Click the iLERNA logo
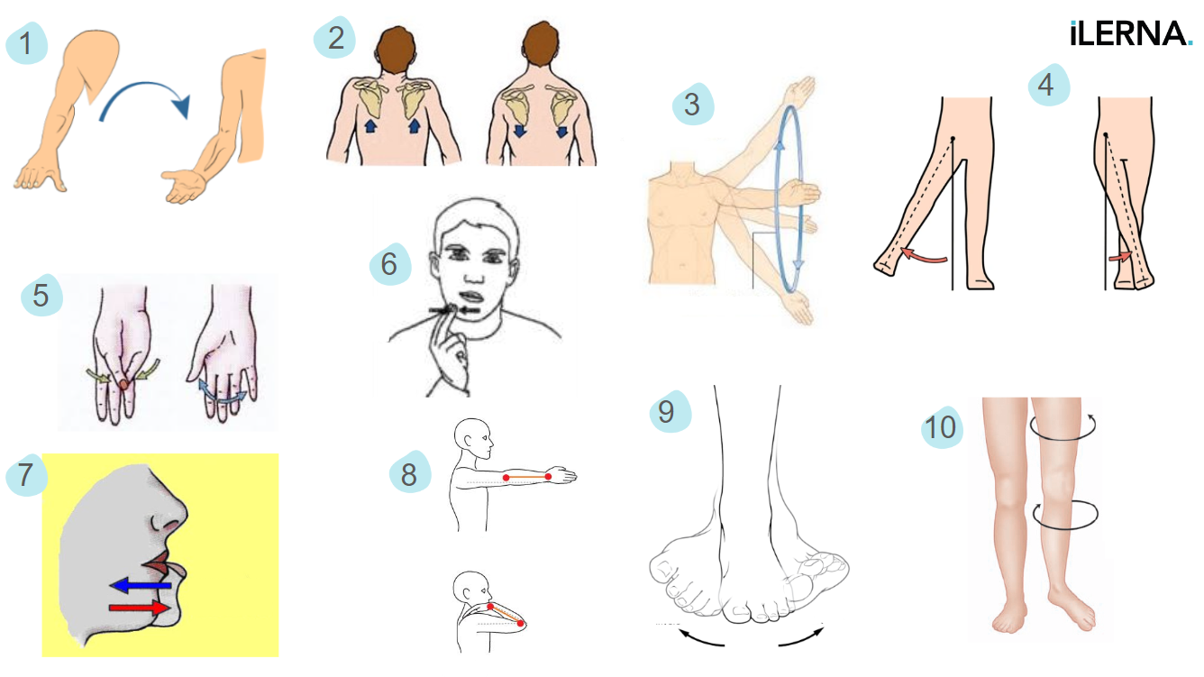point(1131,33)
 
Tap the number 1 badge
point(26,43)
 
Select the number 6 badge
point(389,263)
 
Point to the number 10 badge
point(942,427)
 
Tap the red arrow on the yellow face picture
point(140,608)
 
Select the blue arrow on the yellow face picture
point(141,585)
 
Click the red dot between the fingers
point(123,384)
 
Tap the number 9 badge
point(670,411)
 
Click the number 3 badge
point(693,104)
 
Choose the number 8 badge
point(409,471)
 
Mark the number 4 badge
point(1049,85)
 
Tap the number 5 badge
point(41,295)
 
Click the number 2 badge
point(334,38)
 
